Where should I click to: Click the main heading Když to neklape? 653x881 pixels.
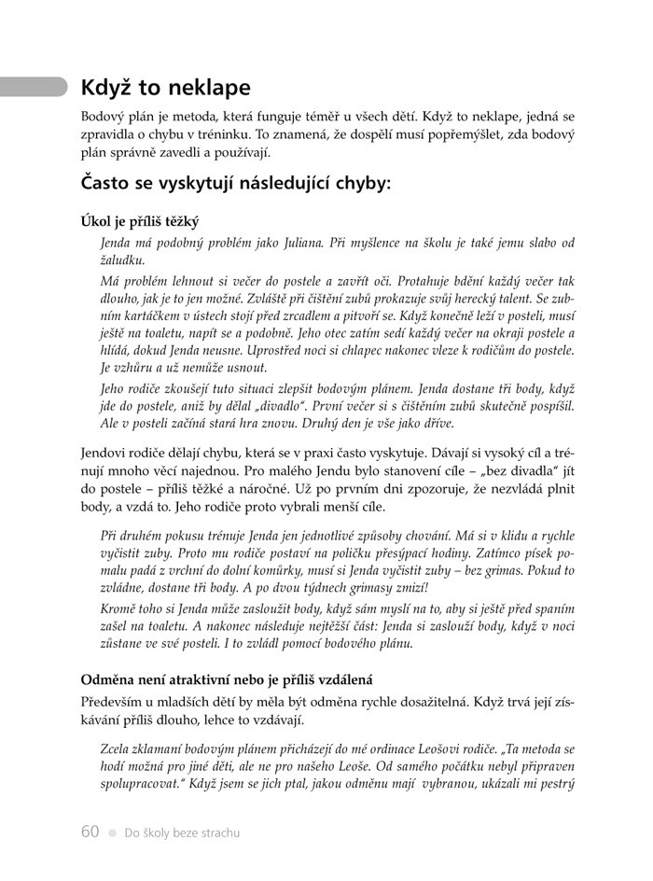(x=166, y=89)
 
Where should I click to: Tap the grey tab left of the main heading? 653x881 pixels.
(x=34, y=87)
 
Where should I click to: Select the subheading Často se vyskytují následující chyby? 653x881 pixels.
(x=236, y=183)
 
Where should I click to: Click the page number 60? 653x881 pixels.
(x=90, y=832)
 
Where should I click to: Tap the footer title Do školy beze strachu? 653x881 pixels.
(x=182, y=832)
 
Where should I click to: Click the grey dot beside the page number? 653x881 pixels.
(x=112, y=832)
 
